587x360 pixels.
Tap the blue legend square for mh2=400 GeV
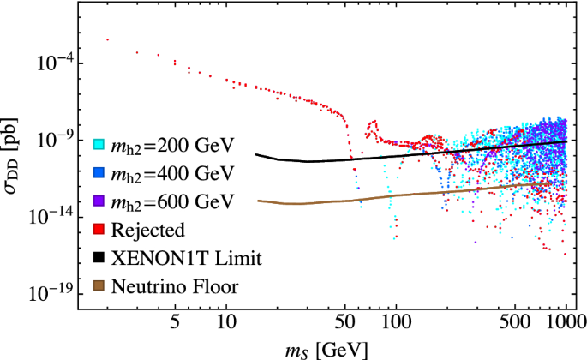[x=99, y=172]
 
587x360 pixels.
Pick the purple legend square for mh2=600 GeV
[x=99, y=201]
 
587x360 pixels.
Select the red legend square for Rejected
[x=99, y=229]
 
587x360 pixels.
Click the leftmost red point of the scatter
[x=106, y=39]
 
